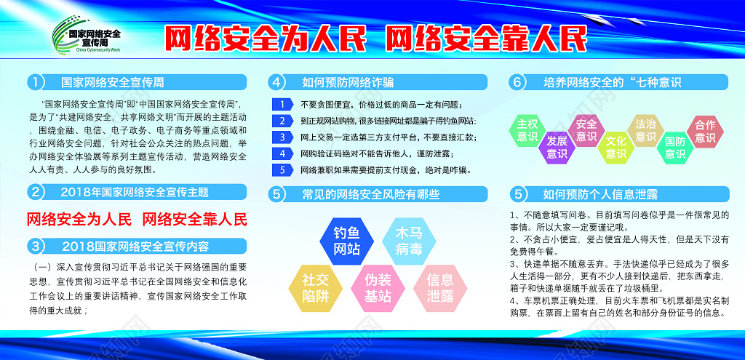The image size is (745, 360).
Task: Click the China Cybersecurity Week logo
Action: tap(86, 39)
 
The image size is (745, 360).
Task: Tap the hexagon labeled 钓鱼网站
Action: tap(347, 241)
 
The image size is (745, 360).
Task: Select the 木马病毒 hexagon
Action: tap(408, 241)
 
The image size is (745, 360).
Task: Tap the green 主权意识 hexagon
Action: tap(527, 129)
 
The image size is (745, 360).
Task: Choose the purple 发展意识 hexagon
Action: tap(557, 146)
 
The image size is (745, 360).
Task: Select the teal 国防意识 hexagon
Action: tap(675, 146)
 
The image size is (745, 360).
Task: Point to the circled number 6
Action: tap(517, 82)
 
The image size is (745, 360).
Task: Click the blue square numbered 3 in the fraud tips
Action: tap(282, 137)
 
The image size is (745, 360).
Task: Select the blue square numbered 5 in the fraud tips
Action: tap(282, 169)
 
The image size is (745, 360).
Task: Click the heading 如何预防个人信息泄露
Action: tap(600, 194)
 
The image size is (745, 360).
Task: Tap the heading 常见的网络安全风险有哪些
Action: tap(371, 194)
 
